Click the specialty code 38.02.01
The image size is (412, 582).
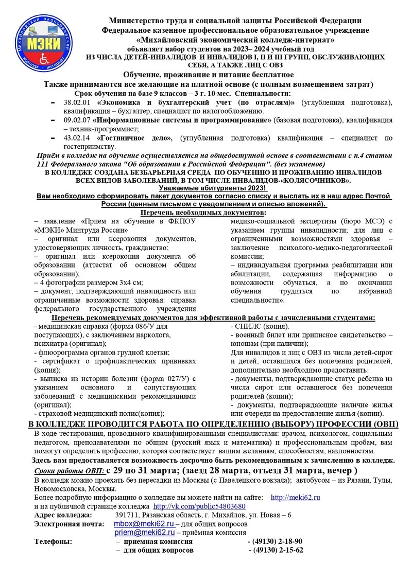click(x=76, y=102)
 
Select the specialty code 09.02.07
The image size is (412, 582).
click(x=76, y=120)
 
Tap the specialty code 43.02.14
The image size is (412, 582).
click(x=76, y=138)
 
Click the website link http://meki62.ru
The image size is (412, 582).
click(x=295, y=498)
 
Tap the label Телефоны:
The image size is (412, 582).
click(x=53, y=541)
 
